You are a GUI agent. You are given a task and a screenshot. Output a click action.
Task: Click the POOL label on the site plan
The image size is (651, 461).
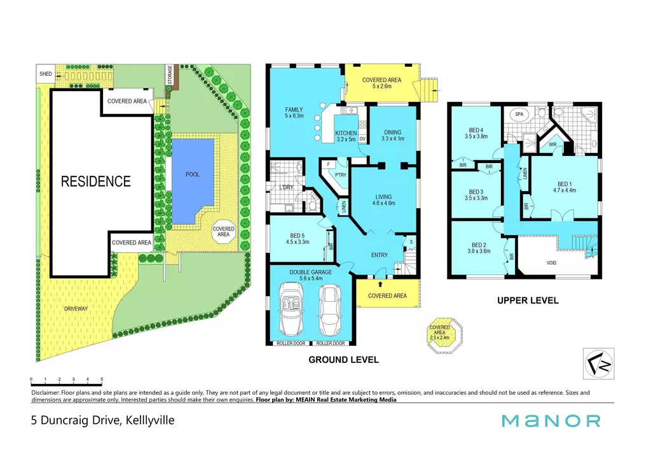tap(192, 174)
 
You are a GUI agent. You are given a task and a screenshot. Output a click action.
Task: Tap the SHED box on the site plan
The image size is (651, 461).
tap(46, 74)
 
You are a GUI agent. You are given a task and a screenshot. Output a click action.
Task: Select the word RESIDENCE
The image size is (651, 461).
tap(96, 181)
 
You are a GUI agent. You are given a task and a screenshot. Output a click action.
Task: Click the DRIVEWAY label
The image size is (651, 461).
tap(76, 309)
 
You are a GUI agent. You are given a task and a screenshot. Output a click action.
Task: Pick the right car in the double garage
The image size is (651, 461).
tap(330, 309)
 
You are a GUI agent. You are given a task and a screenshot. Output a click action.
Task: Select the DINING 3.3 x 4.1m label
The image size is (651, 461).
tap(393, 136)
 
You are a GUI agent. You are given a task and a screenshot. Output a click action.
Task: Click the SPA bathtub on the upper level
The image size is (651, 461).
tap(519, 115)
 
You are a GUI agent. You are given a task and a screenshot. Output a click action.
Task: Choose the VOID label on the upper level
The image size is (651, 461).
tap(551, 263)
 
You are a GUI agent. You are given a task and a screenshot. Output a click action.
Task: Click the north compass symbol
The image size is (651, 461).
tap(598, 364)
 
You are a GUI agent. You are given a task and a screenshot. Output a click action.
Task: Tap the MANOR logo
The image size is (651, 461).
tap(551, 421)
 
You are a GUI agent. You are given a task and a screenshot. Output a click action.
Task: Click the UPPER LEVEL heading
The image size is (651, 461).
tap(528, 301)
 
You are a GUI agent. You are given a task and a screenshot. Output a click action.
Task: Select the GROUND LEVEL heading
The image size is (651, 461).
tap(343, 360)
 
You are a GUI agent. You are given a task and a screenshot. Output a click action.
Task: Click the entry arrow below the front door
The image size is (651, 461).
tap(380, 284)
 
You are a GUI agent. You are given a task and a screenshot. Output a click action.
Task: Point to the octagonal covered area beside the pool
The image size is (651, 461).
tap(223, 232)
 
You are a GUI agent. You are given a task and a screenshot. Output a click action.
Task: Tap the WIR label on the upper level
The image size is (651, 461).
tap(552, 145)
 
